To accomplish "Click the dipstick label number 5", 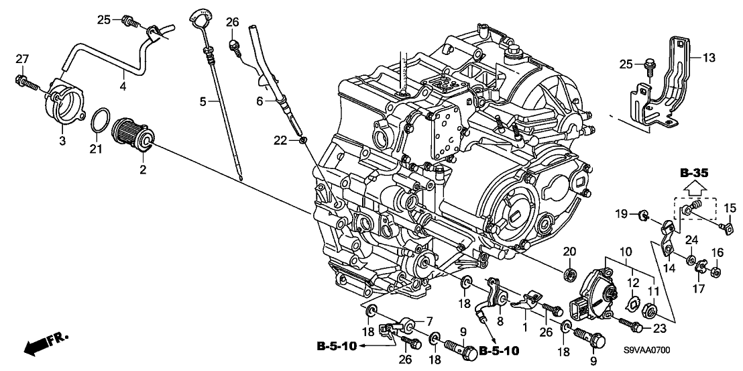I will click(x=203, y=101).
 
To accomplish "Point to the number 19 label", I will click(x=622, y=214).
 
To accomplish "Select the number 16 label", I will click(x=716, y=252).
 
